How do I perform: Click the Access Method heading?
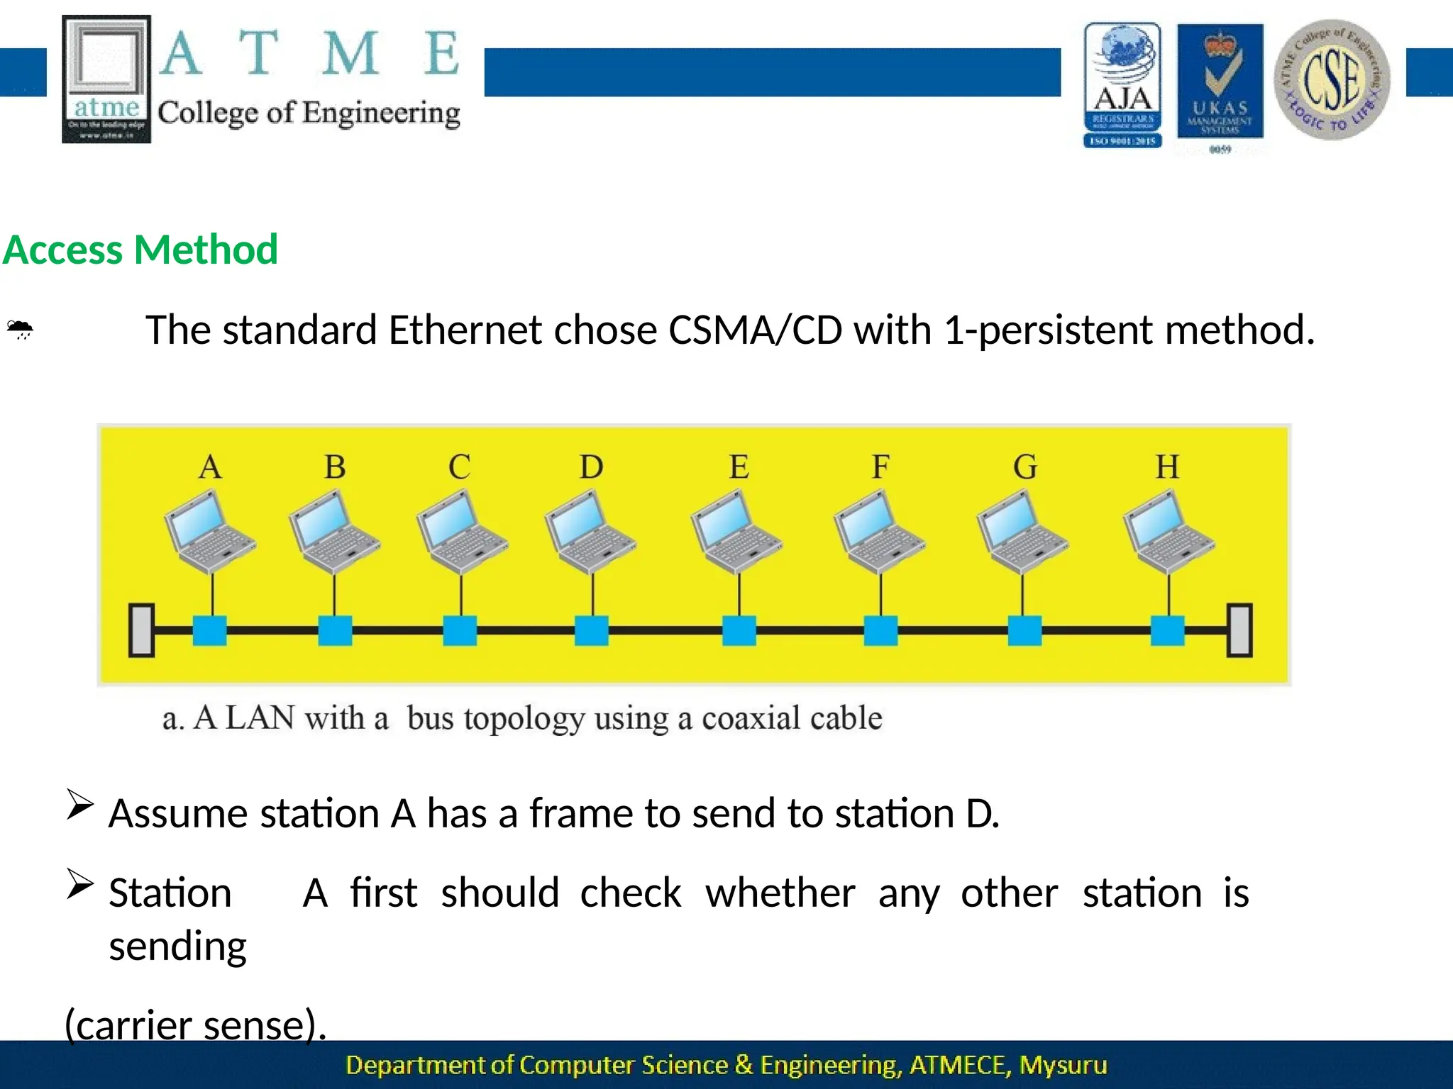point(140,250)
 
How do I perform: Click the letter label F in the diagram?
point(880,467)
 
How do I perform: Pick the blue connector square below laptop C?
point(460,630)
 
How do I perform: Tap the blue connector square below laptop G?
point(1024,630)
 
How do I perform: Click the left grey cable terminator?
point(142,630)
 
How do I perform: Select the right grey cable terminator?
point(1239,630)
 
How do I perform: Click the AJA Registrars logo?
point(1122,84)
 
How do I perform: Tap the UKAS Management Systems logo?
point(1220,82)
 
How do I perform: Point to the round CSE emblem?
point(1332,79)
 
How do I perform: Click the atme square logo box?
point(106,79)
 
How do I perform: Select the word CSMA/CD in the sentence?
point(755,330)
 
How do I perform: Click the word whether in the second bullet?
point(780,893)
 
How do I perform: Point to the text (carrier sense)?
point(195,1024)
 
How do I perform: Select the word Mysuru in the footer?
point(1062,1065)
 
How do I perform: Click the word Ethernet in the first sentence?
point(465,330)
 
